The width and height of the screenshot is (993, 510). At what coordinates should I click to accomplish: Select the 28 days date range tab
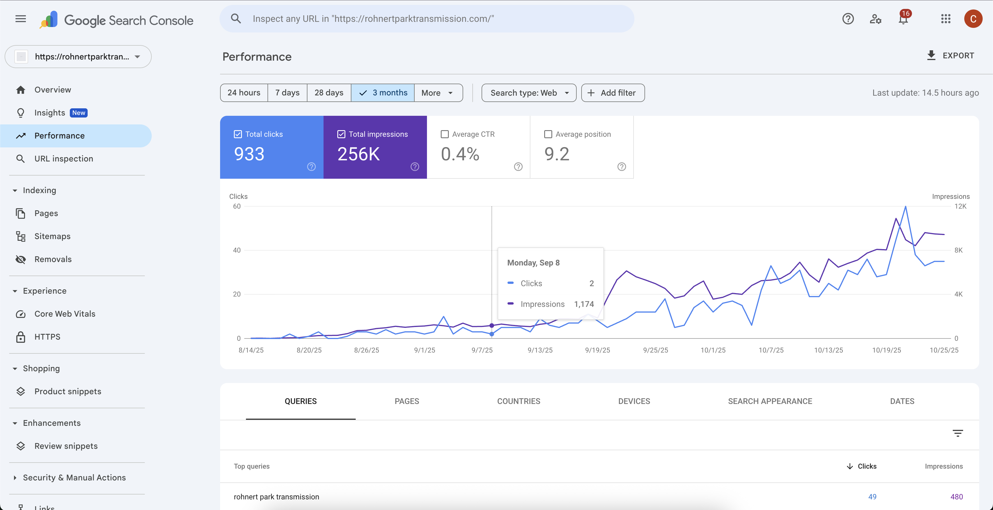pyautogui.click(x=329, y=93)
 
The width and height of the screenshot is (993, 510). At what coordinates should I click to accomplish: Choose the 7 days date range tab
pyautogui.click(x=287, y=93)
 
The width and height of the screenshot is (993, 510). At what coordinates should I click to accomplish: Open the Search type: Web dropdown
pyautogui.click(x=528, y=93)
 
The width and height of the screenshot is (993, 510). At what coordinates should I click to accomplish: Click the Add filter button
pyautogui.click(x=613, y=93)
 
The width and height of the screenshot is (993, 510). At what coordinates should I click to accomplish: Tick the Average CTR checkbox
pyautogui.click(x=445, y=134)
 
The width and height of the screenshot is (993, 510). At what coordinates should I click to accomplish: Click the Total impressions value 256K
pyautogui.click(x=359, y=154)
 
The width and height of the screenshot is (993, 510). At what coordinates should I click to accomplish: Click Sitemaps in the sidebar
pyautogui.click(x=52, y=236)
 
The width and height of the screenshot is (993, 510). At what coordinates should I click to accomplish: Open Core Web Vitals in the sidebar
pyautogui.click(x=65, y=314)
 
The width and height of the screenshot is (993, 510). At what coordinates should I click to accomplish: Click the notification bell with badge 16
pyautogui.click(x=903, y=19)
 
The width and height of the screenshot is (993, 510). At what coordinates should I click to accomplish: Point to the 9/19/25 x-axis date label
pyautogui.click(x=598, y=350)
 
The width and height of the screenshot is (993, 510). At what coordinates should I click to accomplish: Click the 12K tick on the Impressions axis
pyautogui.click(x=960, y=206)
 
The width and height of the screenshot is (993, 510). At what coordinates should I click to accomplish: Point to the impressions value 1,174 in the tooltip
pyautogui.click(x=584, y=304)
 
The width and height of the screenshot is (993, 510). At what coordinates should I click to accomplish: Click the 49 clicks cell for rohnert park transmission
pyautogui.click(x=872, y=497)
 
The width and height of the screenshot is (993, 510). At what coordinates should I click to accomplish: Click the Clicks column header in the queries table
pyautogui.click(x=867, y=466)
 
